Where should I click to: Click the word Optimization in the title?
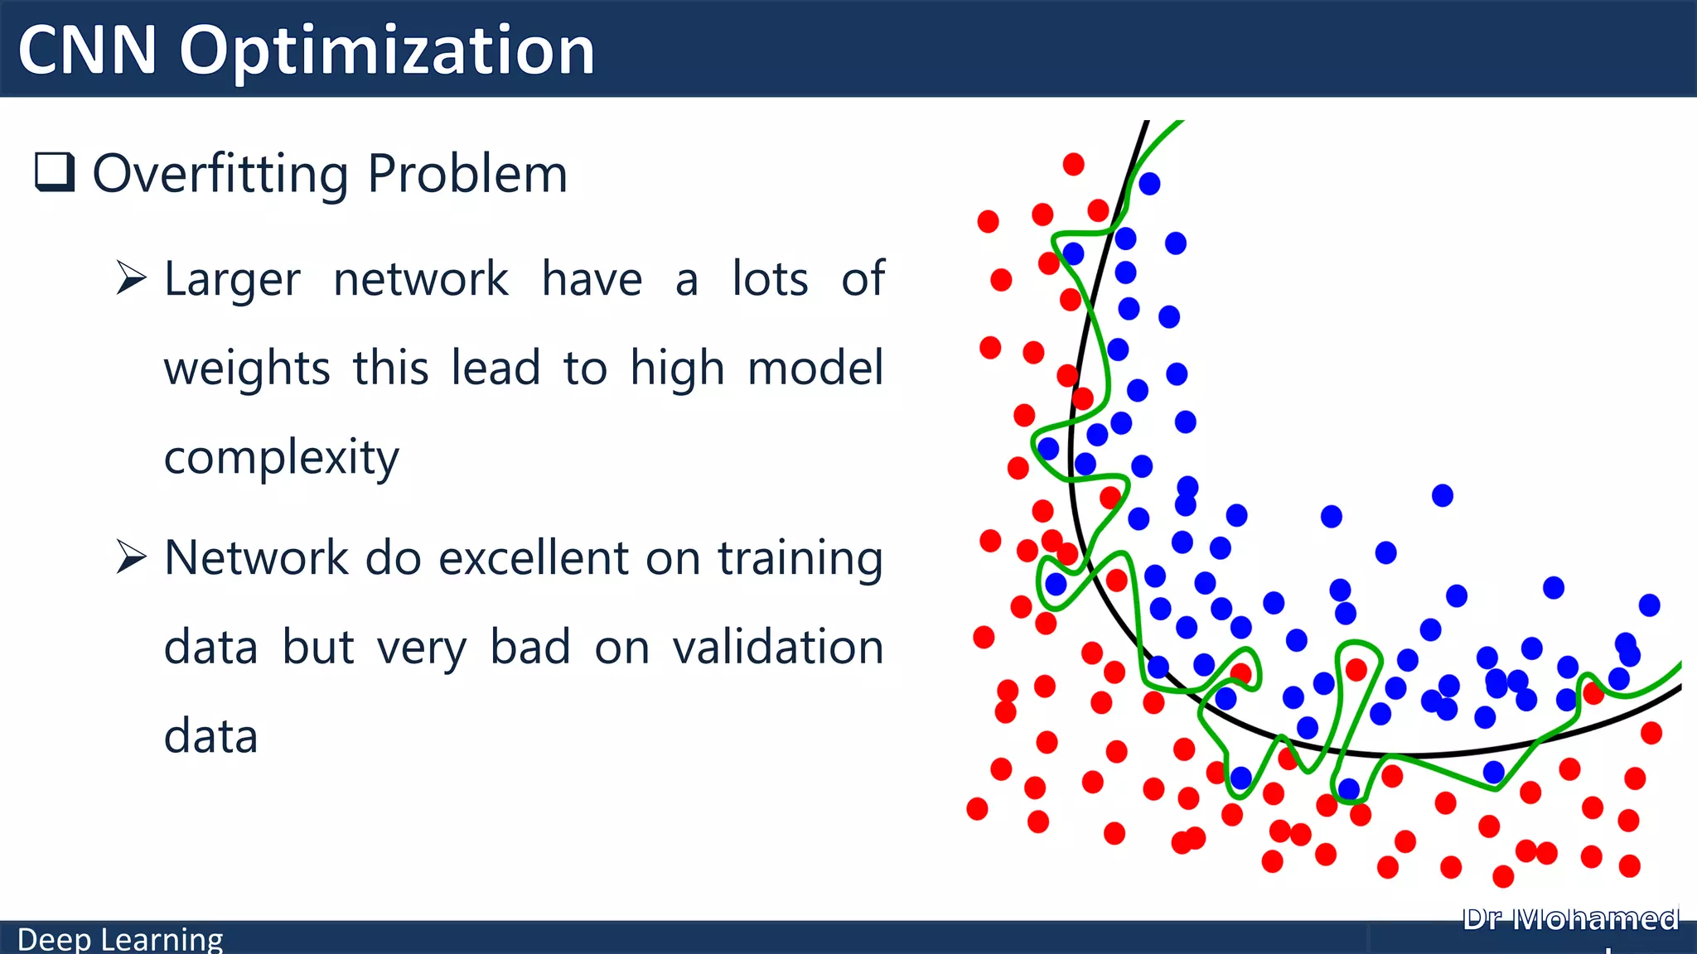point(387,51)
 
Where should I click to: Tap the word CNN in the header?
point(87,51)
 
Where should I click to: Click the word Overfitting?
point(220,175)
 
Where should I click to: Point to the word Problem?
point(467,175)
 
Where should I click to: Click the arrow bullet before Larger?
point(131,277)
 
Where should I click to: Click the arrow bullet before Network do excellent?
point(131,556)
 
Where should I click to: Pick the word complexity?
point(281,457)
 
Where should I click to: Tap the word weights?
point(247,369)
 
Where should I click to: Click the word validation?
point(777,647)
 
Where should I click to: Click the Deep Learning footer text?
point(120,939)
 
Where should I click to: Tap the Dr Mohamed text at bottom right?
point(1570,919)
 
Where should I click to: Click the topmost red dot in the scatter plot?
point(1073,164)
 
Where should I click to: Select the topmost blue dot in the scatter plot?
point(1149,184)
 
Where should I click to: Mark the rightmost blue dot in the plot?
point(1649,605)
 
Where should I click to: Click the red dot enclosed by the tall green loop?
point(1356,669)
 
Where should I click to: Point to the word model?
point(815,368)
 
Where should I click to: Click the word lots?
point(770,279)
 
